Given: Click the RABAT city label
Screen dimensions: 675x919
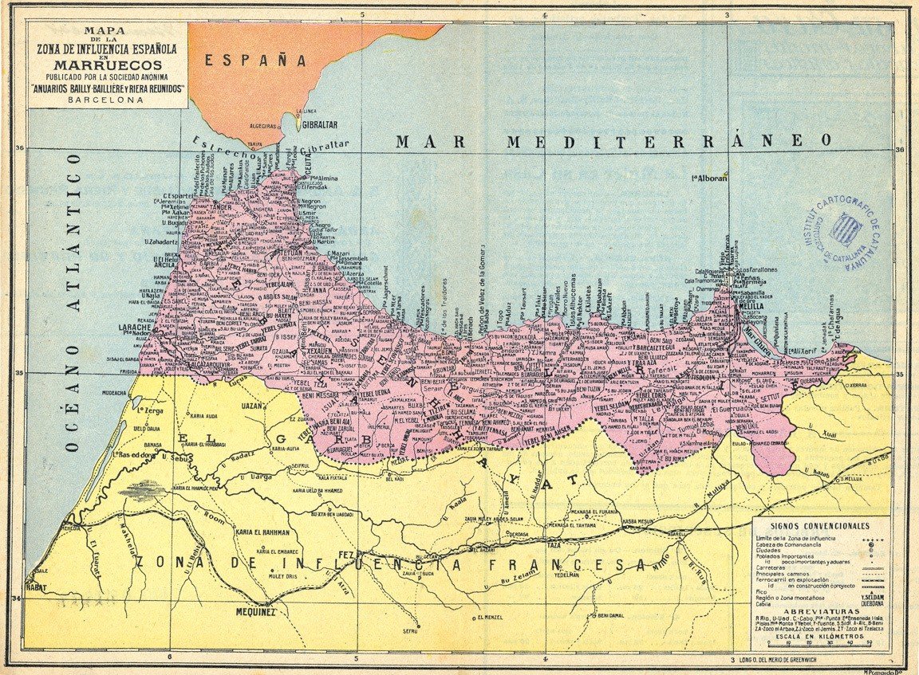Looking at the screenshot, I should [x=39, y=588].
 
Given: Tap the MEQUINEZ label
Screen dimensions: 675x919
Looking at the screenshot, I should [x=255, y=613].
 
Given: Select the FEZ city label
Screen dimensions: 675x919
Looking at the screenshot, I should [x=346, y=555].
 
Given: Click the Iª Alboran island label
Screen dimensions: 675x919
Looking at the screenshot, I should [x=709, y=179].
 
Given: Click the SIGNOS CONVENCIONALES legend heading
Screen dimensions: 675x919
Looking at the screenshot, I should [x=822, y=527].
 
